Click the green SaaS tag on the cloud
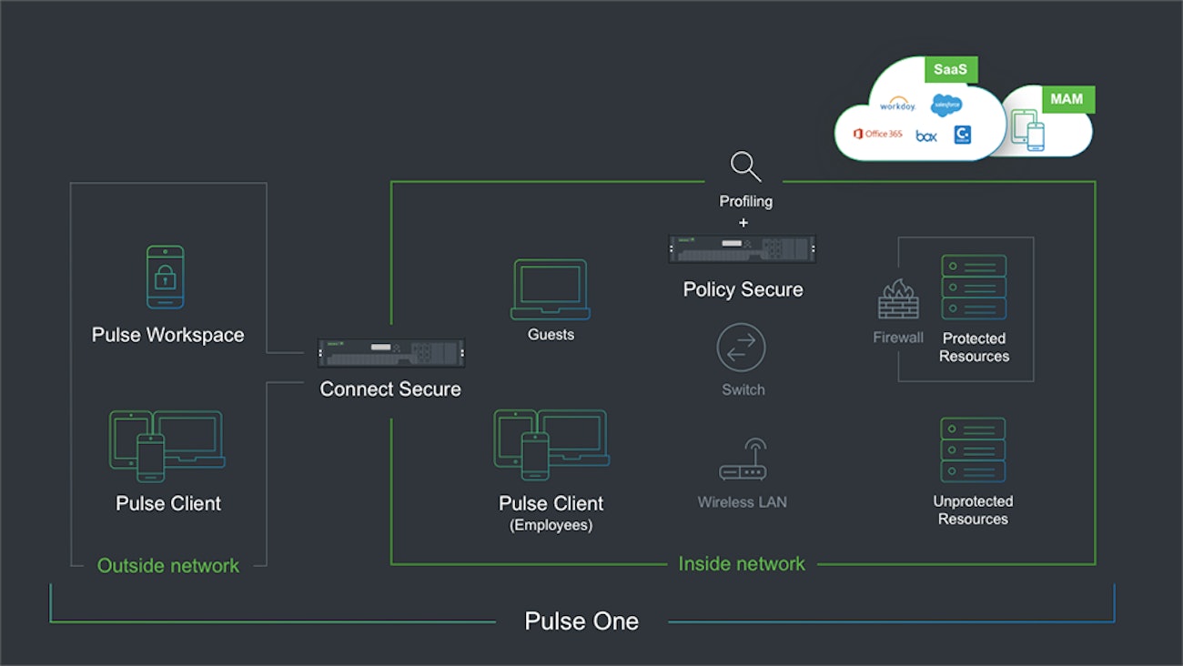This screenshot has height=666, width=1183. click(x=949, y=69)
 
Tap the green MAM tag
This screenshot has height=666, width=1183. click(x=1067, y=98)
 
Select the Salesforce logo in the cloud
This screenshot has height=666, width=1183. click(x=945, y=106)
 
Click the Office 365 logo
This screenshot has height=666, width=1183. click(x=877, y=135)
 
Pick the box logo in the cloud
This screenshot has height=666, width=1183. click(x=925, y=136)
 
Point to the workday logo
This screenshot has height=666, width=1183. click(x=897, y=106)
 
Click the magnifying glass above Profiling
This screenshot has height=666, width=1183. click(x=745, y=167)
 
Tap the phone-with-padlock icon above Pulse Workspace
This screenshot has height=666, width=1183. click(x=166, y=277)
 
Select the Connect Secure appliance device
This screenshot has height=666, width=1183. click(x=390, y=353)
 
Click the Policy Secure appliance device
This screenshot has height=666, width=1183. click(x=743, y=248)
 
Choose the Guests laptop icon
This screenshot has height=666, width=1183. click(x=550, y=289)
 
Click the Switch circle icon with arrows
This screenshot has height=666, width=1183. click(x=742, y=348)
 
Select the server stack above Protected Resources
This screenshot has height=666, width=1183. click(x=974, y=288)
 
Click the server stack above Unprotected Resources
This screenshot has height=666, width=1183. click(x=973, y=450)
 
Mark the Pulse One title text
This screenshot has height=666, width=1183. click(x=581, y=621)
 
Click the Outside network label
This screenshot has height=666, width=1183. click(x=168, y=566)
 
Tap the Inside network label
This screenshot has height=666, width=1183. click(x=742, y=564)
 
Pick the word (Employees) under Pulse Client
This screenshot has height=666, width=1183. click(x=551, y=525)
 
